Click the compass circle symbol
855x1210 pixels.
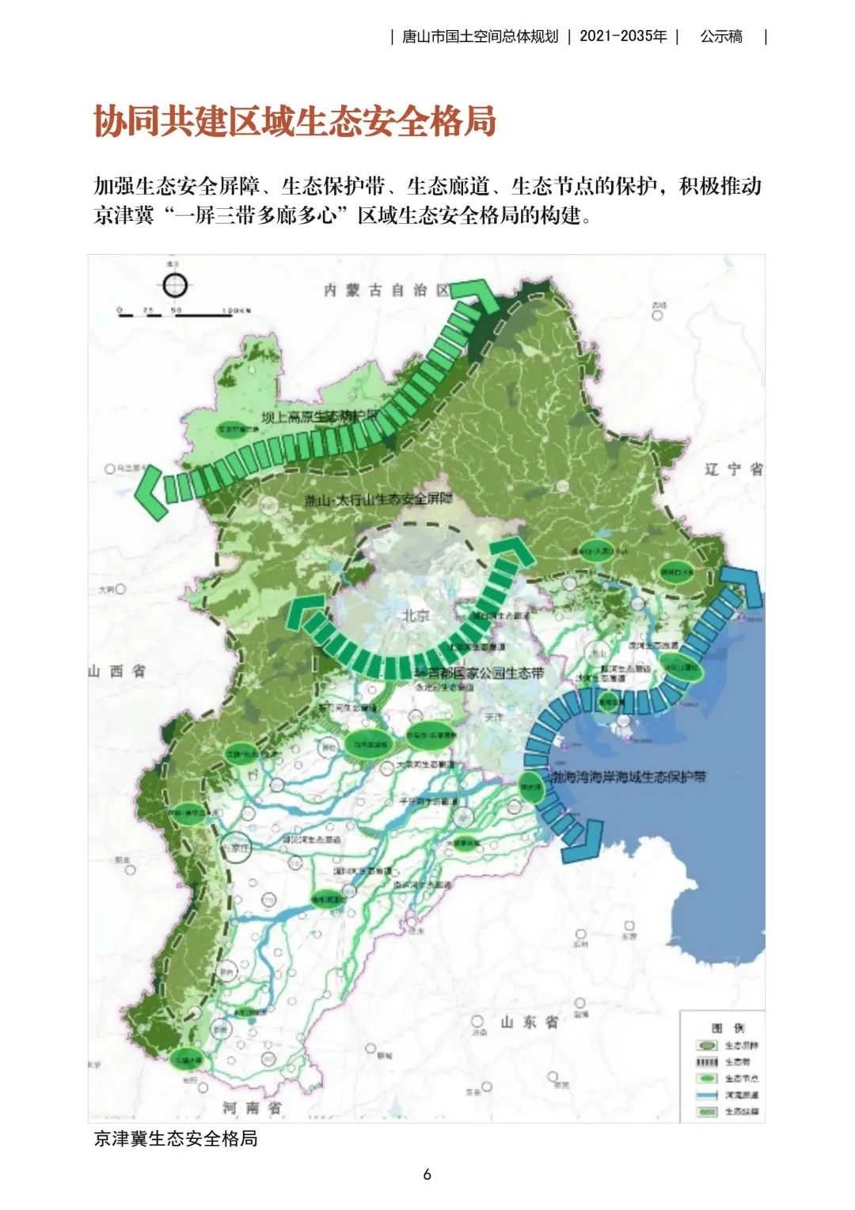pos(174,286)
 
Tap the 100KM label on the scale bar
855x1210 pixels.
pos(236,310)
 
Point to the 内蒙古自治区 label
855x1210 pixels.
pos(386,290)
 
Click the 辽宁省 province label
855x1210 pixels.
pos(733,469)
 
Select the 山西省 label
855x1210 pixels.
pos(117,671)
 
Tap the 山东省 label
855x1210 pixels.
pos(529,1022)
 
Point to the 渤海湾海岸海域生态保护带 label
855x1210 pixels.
pos(627,777)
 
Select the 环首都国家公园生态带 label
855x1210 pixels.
pos(480,673)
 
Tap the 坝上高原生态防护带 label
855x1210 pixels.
pos(321,417)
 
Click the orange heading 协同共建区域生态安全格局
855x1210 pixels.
pos(294,122)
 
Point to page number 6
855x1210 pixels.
pos(427,1174)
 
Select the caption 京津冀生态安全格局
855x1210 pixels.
pos(176,1139)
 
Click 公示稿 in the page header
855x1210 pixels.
pos(721,36)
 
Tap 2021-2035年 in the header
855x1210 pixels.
pos(623,36)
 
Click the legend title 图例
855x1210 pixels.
pos(728,1028)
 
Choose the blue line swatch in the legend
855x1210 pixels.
pos(707,1095)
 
